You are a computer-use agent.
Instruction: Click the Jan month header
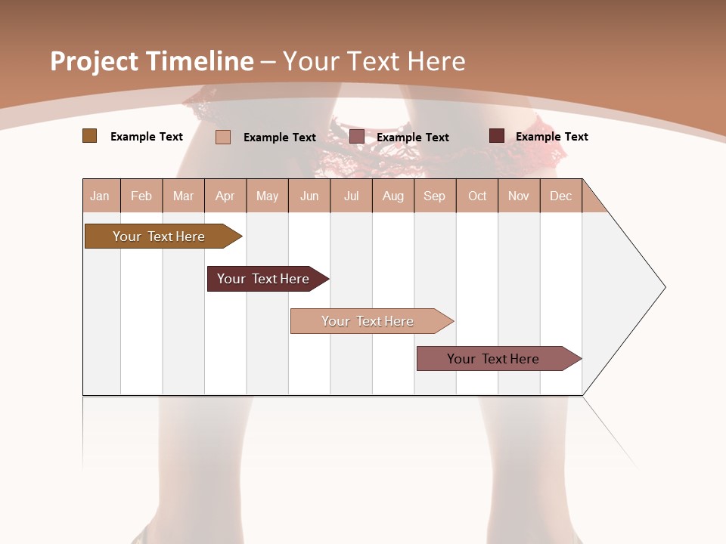pyautogui.click(x=100, y=196)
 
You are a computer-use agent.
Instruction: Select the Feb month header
pyautogui.click(x=141, y=196)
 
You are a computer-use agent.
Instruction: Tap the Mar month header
pyautogui.click(x=183, y=196)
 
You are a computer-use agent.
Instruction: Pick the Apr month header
pyautogui.click(x=225, y=196)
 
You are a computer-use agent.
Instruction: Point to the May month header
pyautogui.click(x=267, y=196)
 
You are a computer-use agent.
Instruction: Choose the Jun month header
pyautogui.click(x=309, y=196)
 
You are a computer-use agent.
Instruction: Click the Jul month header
pyautogui.click(x=351, y=196)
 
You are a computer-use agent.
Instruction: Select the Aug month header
pyautogui.click(x=392, y=196)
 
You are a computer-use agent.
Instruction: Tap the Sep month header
pyautogui.click(x=434, y=196)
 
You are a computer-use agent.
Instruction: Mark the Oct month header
pyautogui.click(x=477, y=196)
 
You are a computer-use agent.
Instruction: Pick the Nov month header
pyautogui.click(x=519, y=196)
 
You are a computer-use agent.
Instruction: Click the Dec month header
pyautogui.click(x=560, y=196)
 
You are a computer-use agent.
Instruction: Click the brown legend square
pyautogui.click(x=90, y=136)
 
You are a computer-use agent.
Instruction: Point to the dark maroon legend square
pyautogui.click(x=497, y=136)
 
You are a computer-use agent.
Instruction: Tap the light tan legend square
pyautogui.click(x=223, y=137)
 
